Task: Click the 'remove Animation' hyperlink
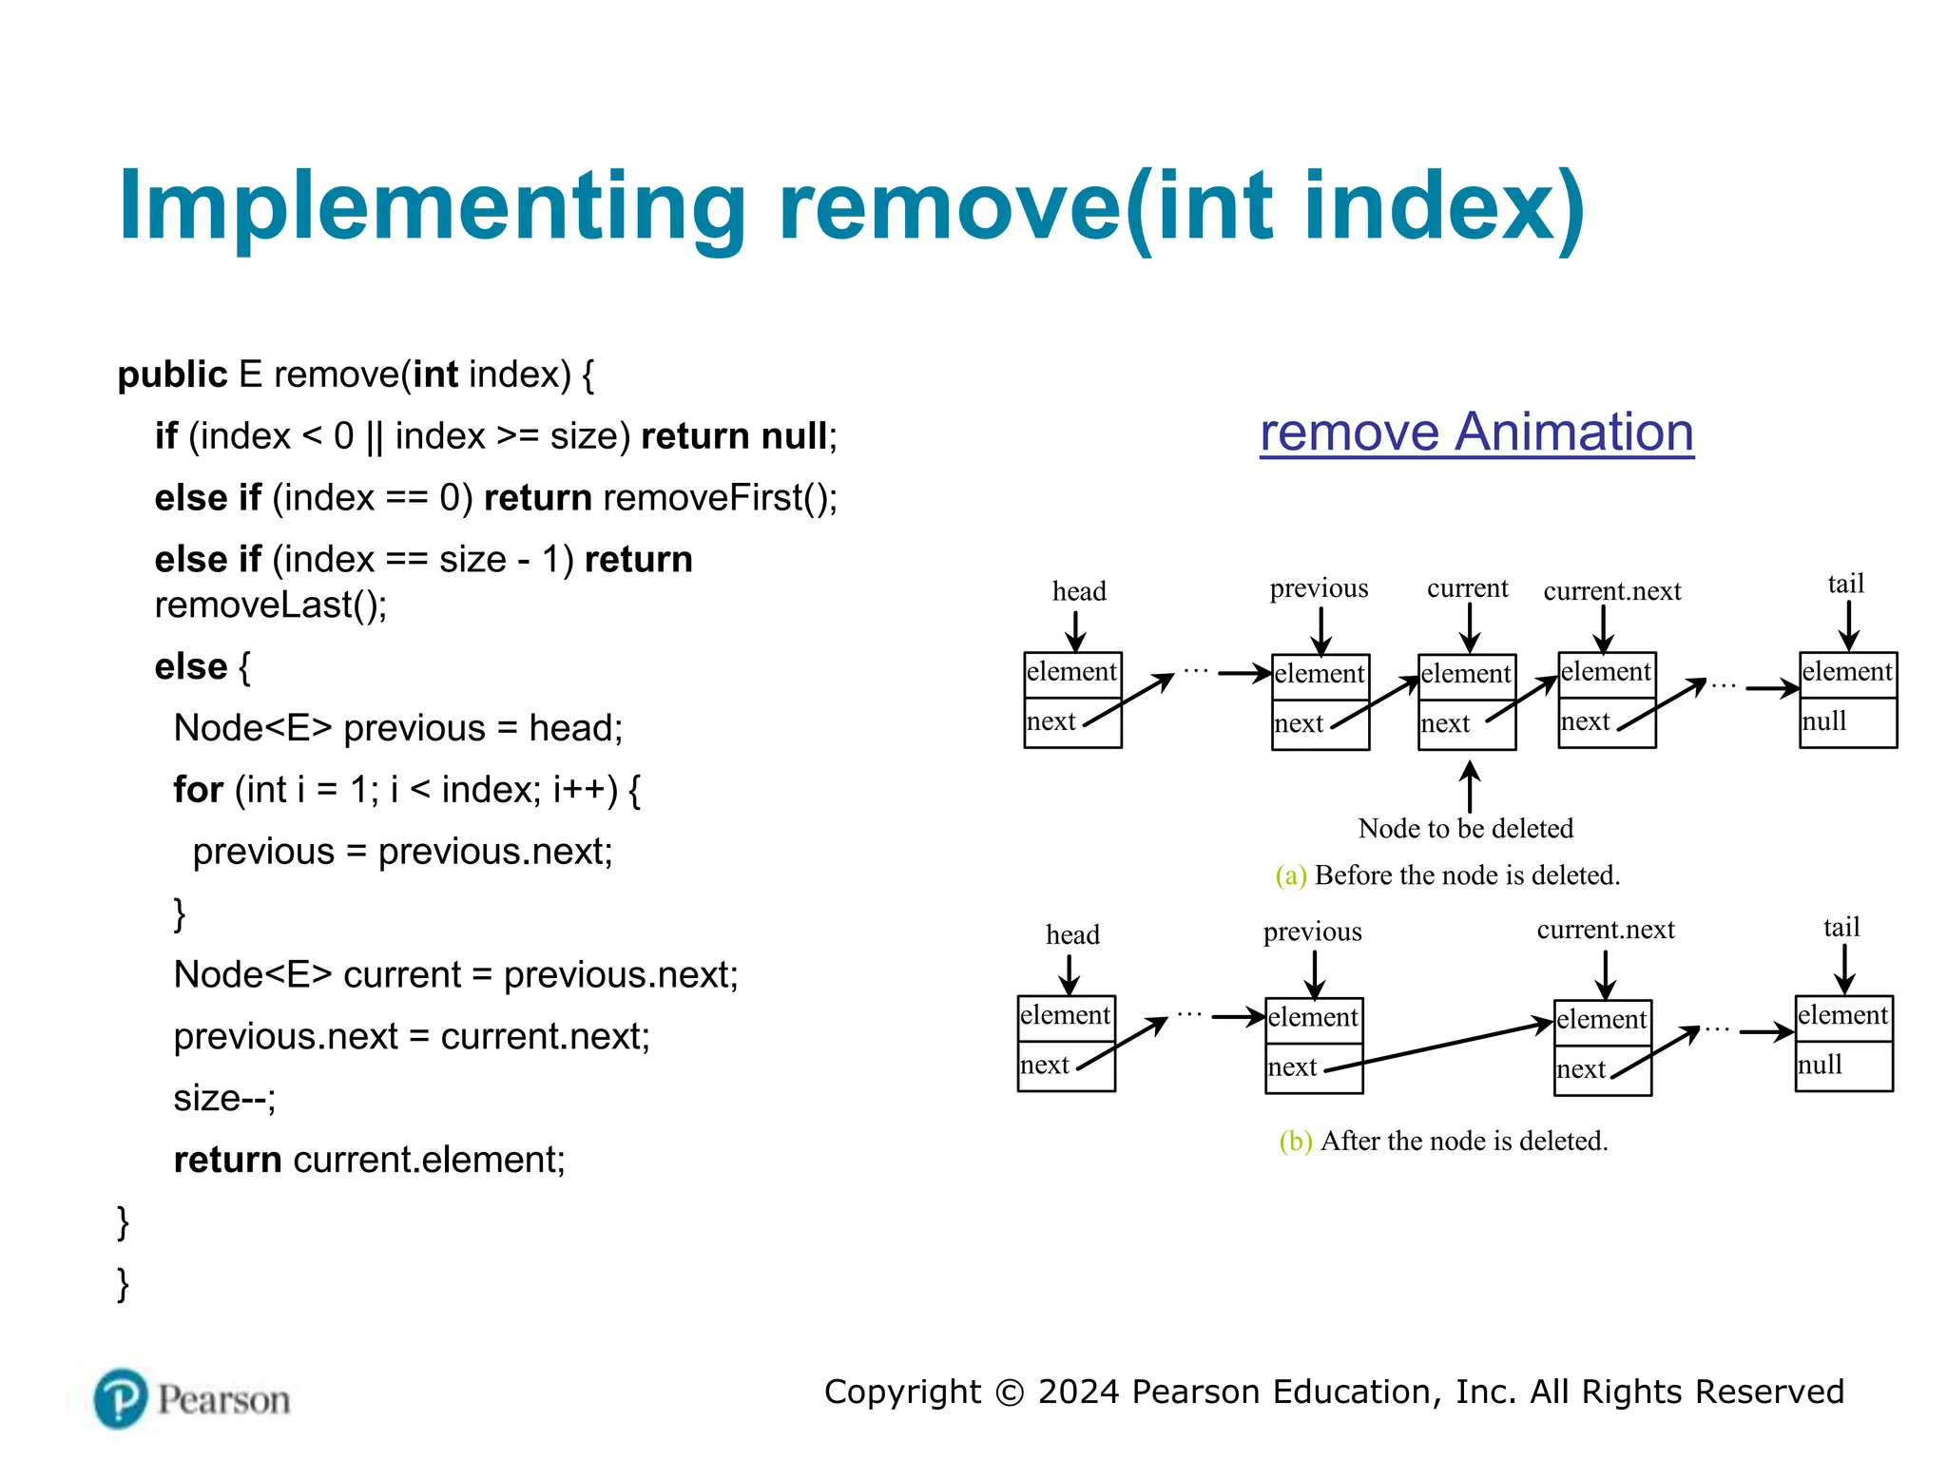1475,432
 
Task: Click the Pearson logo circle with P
121,1398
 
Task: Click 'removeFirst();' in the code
720,498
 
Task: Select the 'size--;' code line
224,1098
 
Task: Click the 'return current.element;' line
369,1160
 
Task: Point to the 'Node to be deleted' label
1465,828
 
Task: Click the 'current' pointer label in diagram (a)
1467,588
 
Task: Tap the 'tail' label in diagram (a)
1845,584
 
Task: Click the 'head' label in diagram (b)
1072,934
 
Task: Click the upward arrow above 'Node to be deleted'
1469,787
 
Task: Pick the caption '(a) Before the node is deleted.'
1447,875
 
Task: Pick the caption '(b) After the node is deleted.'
1443,1141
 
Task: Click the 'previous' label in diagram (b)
1312,932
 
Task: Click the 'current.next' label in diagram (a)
1611,591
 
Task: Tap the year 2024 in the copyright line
1079,1392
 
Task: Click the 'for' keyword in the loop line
198,790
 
